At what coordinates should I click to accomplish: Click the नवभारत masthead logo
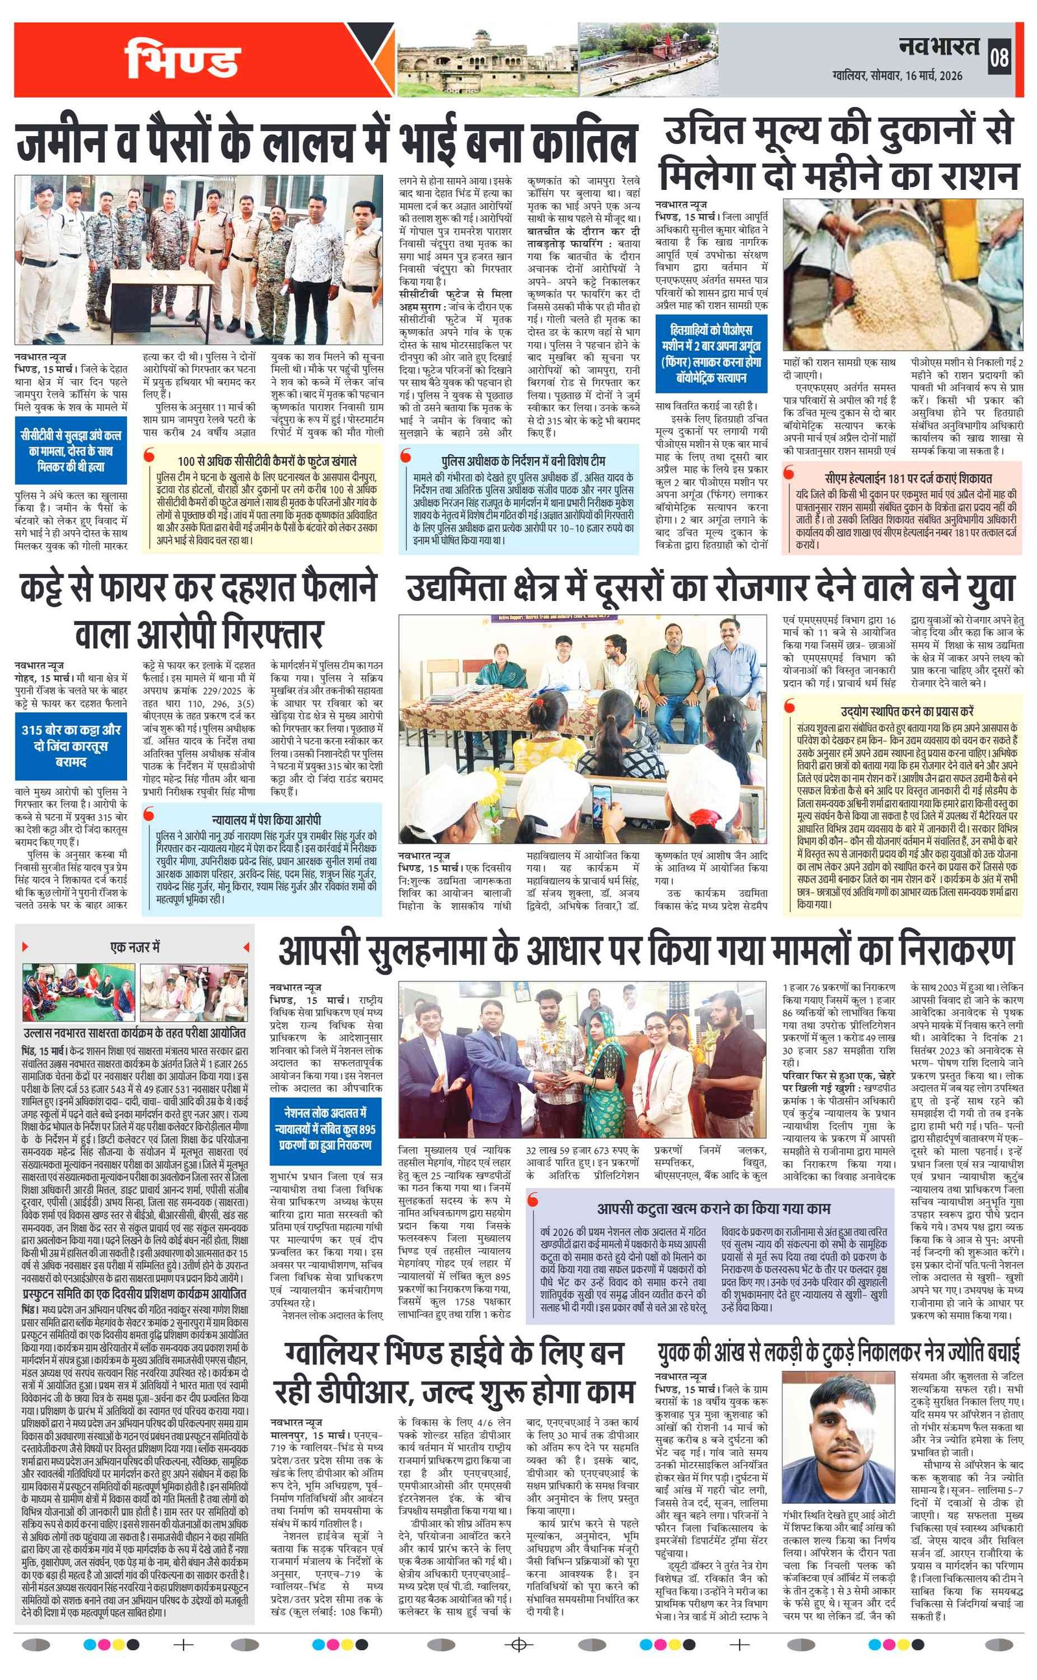coord(940,46)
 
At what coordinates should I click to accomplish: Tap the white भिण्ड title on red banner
coord(181,60)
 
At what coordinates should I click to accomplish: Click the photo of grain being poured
coord(903,274)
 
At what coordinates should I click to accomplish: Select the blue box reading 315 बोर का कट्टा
coord(71,745)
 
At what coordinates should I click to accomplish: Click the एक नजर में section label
coord(134,947)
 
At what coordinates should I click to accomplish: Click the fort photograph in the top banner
coord(487,60)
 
